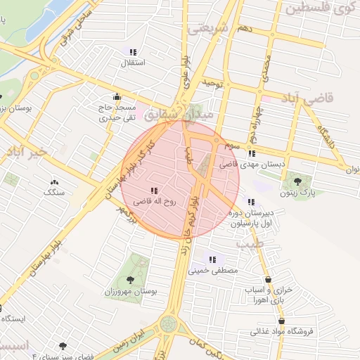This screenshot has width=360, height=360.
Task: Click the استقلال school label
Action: [x=134, y=63]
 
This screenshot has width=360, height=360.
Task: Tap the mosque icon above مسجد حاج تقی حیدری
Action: [x=117, y=97]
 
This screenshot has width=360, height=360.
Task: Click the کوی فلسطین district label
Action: [x=319, y=9]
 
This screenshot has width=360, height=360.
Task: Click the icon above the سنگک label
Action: [x=54, y=181]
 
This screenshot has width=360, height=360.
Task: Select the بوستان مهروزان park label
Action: [x=131, y=290]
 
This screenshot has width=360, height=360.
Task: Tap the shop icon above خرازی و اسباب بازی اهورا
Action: [x=268, y=280]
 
